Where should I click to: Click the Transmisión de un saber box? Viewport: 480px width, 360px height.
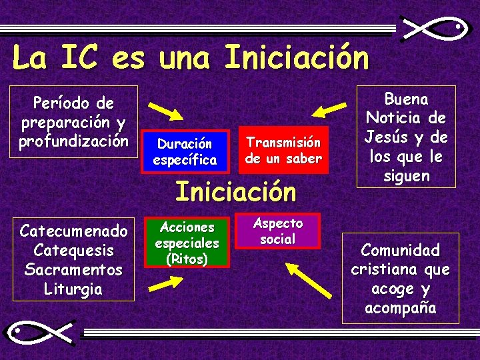[x=283, y=150]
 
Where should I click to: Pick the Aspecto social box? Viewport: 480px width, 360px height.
[x=277, y=231]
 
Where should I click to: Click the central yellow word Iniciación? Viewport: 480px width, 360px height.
[x=235, y=192]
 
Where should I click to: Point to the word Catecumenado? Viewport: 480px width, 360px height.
[x=73, y=231]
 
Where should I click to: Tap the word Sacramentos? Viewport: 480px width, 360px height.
[x=73, y=270]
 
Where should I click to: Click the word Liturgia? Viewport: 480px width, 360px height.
[x=73, y=289]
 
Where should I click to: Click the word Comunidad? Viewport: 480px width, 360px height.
[x=400, y=251]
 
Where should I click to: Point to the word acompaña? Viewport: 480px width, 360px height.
[x=400, y=309]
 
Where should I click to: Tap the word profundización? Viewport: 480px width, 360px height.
[x=73, y=141]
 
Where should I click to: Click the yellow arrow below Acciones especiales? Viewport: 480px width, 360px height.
[x=165, y=284]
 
